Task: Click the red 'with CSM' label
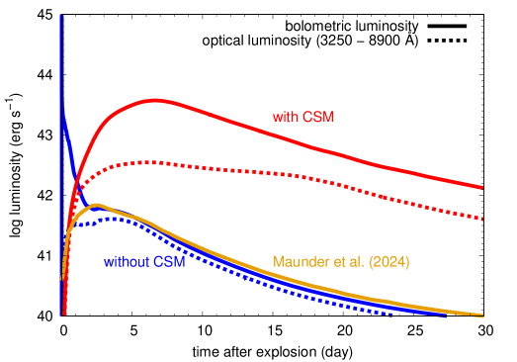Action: click(303, 117)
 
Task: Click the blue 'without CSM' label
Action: click(144, 262)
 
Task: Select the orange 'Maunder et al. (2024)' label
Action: click(341, 262)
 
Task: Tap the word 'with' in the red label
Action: click(285, 117)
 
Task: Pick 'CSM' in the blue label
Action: click(169, 262)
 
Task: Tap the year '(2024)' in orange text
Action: click(389, 262)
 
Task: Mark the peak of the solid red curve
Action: click(155, 100)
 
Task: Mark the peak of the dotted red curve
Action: click(144, 161)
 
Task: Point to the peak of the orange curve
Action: click(98, 205)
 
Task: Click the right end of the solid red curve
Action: click(482, 187)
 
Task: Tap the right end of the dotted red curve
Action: click(482, 219)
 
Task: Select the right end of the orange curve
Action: click(482, 316)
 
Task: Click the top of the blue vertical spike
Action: click(62, 16)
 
